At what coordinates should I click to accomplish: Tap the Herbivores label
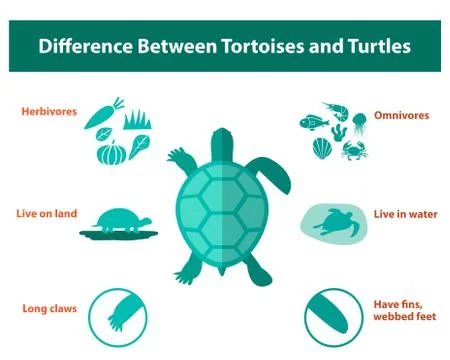click(x=50, y=112)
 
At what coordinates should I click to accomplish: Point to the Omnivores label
click(x=401, y=115)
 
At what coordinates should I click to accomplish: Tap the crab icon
click(x=353, y=150)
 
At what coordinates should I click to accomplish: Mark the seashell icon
click(x=321, y=148)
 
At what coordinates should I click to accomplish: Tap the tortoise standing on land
click(x=119, y=220)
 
